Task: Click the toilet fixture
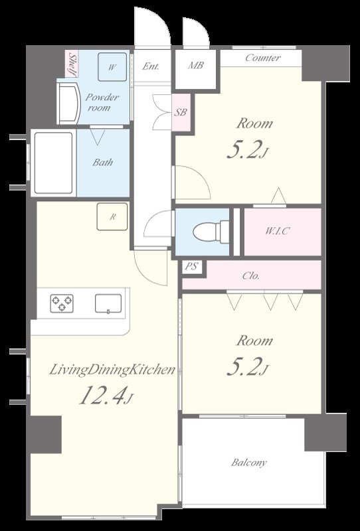point(211,232)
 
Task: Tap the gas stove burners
point(62,303)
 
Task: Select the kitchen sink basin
point(108,303)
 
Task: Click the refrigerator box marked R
point(112,217)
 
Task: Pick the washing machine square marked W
point(112,67)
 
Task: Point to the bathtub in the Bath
point(54,163)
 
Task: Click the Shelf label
point(72,64)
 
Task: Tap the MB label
point(195,65)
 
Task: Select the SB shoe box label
point(181,112)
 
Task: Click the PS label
point(191,267)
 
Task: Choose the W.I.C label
point(277,231)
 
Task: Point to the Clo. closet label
point(251,275)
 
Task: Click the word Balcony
point(249,463)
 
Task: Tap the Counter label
point(263,58)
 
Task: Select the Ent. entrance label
point(151,66)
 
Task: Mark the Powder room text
point(102,102)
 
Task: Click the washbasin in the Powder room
point(69,104)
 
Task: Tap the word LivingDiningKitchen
point(112,370)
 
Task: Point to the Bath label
point(102,162)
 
